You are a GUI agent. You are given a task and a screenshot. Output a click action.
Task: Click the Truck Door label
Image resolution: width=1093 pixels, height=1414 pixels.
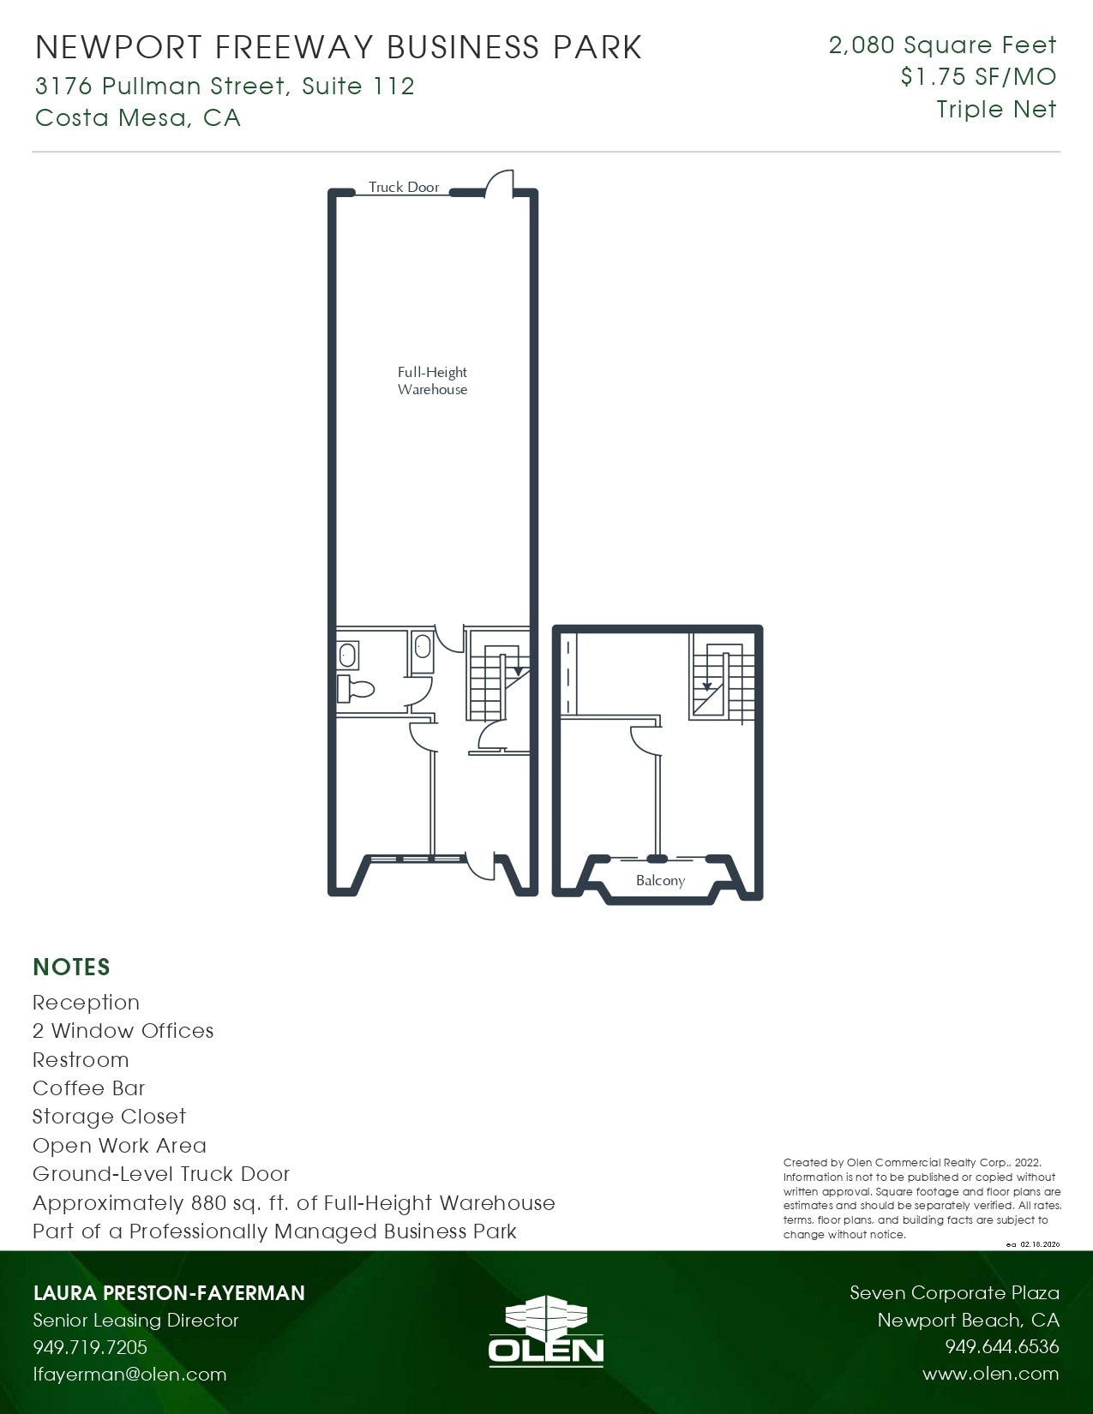pos(404,187)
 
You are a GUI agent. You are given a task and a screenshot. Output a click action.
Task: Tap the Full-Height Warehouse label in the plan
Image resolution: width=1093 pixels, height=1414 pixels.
pos(432,380)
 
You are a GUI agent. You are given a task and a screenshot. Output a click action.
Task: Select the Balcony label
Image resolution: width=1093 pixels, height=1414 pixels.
pos(660,880)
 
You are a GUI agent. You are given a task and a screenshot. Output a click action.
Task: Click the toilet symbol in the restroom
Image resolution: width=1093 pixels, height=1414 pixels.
pos(356,688)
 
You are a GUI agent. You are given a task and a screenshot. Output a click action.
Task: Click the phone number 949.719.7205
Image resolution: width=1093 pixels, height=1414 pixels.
pos(90,1347)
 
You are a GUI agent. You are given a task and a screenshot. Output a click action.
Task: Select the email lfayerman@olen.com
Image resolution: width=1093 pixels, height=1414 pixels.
pos(129,1375)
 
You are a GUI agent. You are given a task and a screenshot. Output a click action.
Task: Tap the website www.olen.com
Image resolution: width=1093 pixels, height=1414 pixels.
pos(990,1374)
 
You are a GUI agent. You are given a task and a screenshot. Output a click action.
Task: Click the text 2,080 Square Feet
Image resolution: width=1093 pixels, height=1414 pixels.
pos(942,45)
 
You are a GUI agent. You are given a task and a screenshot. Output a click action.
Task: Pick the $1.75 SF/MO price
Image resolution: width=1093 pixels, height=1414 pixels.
pos(978,77)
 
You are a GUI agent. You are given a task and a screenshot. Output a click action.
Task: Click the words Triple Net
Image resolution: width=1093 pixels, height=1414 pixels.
pos(996,110)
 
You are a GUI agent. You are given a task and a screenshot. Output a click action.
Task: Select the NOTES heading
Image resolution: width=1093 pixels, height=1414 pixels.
pos(71,968)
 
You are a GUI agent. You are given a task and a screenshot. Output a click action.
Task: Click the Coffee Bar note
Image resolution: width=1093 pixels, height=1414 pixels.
pos(89,1088)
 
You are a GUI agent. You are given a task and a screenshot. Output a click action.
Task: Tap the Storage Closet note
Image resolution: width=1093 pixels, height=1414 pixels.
pos(109,1117)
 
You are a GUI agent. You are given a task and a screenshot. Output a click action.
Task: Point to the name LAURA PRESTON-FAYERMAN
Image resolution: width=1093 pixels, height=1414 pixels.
pos(169,1293)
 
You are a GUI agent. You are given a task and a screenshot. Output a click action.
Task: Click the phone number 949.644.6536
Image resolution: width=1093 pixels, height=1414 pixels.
pos(1001,1347)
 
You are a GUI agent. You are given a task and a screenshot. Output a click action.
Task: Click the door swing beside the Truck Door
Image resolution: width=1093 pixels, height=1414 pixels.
pos(500,183)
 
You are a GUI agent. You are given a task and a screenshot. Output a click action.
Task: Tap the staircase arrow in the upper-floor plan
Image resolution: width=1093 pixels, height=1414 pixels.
pos(707,686)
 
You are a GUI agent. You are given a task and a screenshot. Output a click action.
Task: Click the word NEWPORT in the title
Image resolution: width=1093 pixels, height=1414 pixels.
pos(119,47)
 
